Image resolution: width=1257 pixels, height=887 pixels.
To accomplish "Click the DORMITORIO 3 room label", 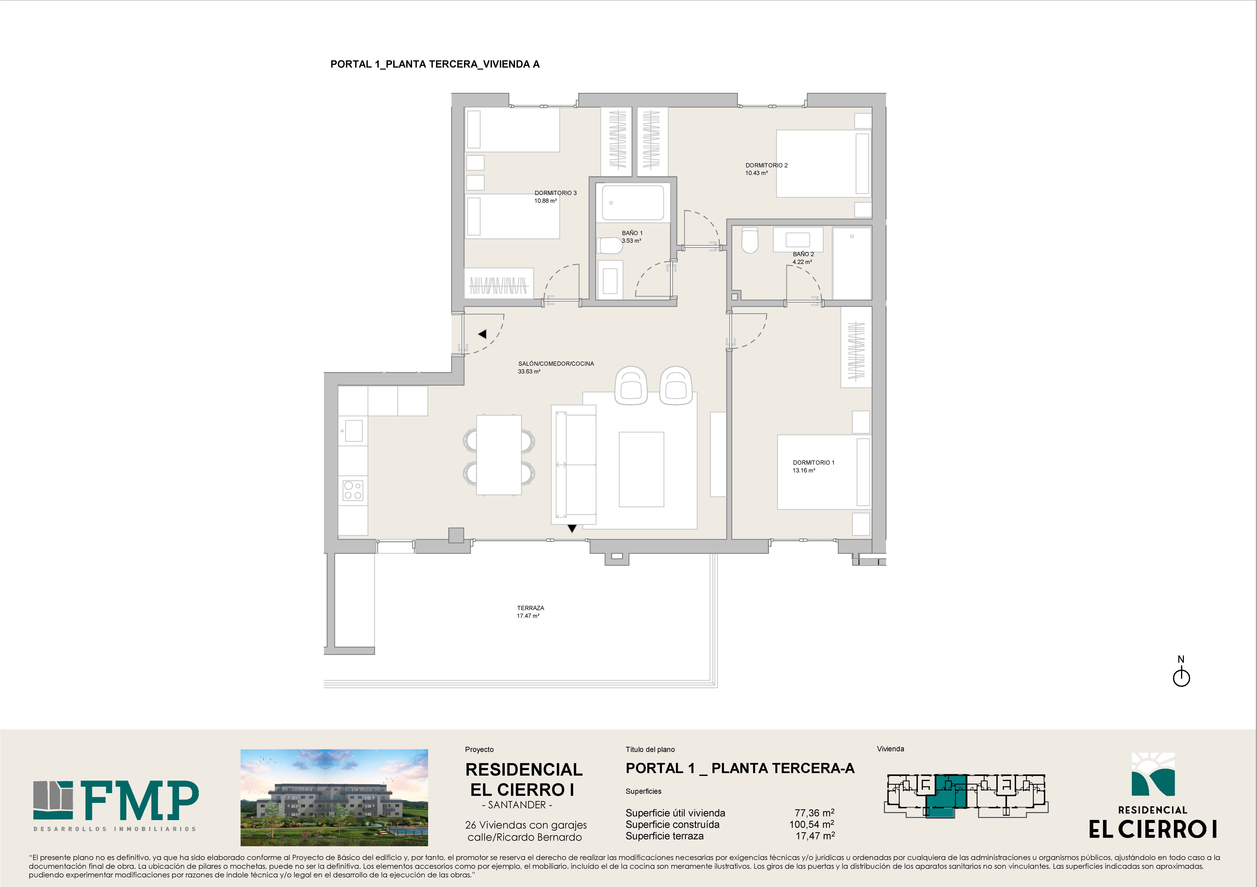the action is [x=555, y=193].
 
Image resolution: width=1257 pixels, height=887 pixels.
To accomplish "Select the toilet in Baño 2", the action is [x=750, y=241].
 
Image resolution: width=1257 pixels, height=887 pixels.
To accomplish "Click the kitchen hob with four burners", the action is [x=353, y=490].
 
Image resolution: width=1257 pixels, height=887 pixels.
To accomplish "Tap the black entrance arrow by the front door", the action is [x=482, y=333].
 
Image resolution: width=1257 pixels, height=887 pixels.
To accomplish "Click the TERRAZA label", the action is [x=531, y=608].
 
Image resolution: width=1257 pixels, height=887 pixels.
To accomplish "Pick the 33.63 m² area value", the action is [x=529, y=371].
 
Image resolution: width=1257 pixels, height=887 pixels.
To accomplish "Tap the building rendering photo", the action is [x=334, y=797].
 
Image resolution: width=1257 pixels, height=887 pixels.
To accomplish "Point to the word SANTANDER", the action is [x=517, y=805].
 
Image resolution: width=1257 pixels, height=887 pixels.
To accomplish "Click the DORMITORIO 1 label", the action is [x=814, y=463].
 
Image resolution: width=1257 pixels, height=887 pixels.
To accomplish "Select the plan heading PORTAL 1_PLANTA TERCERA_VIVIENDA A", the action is [x=435, y=64].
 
